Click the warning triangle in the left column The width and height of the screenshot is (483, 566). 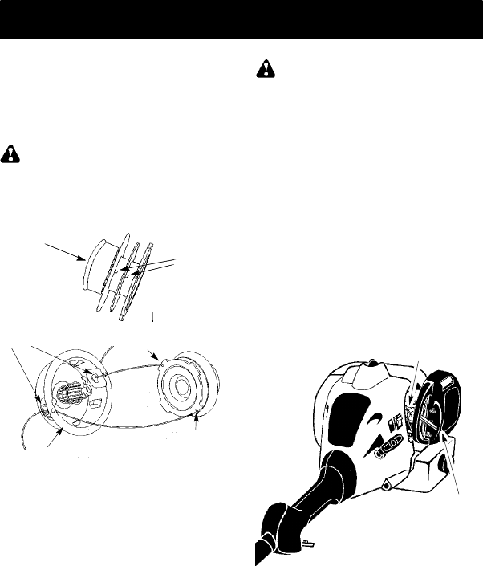(x=11, y=153)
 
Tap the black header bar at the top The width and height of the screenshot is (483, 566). (x=241, y=19)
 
